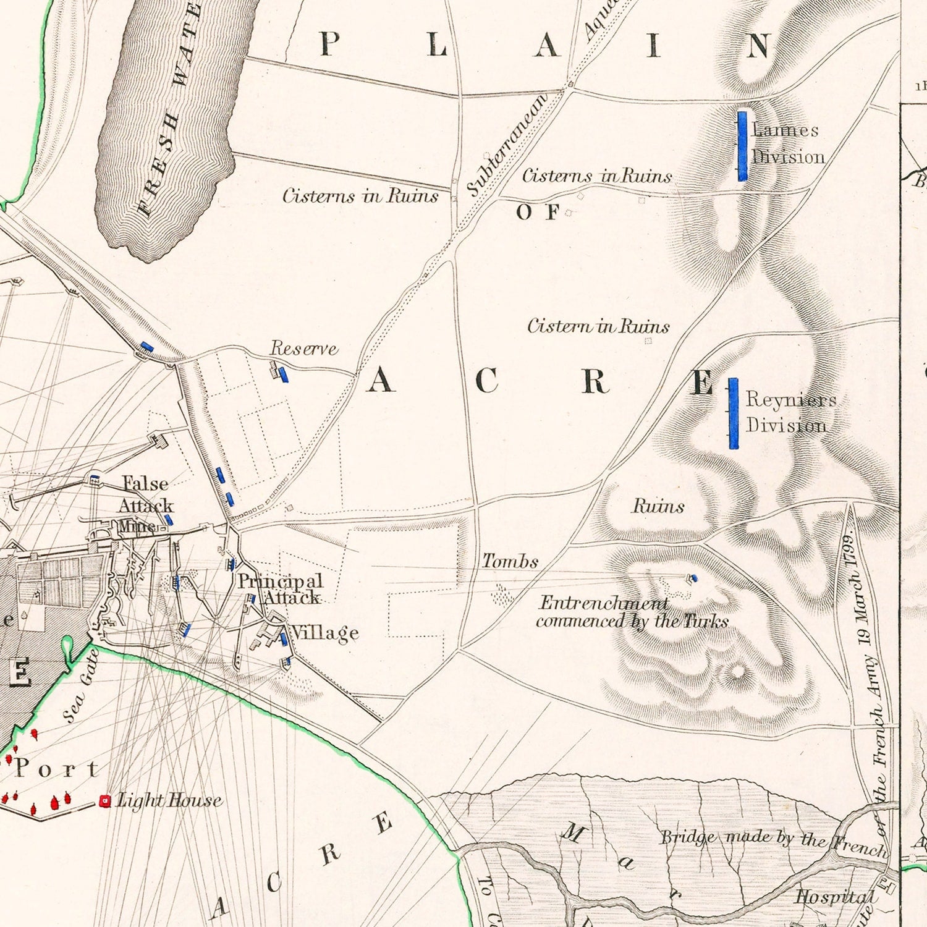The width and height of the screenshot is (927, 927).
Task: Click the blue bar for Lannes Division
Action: [742, 146]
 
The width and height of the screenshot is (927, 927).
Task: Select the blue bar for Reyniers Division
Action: [733, 413]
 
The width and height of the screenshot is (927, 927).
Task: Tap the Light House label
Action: [169, 800]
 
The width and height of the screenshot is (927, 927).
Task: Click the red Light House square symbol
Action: [105, 802]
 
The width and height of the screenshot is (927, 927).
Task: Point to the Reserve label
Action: [304, 349]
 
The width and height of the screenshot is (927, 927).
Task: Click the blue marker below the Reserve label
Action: [283, 375]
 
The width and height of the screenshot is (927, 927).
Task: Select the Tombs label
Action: [510, 561]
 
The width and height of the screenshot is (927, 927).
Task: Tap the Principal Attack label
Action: [281, 589]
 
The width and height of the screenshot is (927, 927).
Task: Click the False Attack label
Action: [146, 494]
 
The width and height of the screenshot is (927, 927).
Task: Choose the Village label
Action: [325, 632]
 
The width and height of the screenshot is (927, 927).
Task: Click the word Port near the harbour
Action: [57, 769]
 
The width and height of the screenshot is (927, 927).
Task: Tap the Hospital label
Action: [835, 896]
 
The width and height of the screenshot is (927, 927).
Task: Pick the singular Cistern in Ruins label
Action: [598, 326]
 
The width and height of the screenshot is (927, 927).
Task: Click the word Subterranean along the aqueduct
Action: [507, 145]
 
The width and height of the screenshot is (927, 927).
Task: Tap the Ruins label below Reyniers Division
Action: [658, 506]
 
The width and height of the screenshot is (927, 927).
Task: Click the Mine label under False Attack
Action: [136, 527]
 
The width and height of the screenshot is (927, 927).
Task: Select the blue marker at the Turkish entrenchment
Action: [693, 578]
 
